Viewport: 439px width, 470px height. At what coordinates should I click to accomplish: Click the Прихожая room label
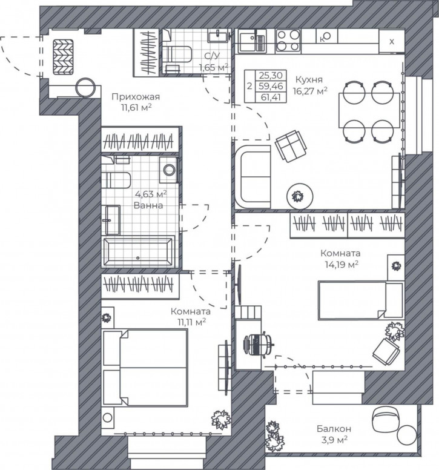coord(136,96)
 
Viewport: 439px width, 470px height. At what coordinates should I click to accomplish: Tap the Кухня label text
coord(309,79)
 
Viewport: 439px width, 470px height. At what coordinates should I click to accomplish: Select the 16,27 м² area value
coord(310,90)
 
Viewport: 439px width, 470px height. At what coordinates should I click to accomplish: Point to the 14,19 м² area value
coord(342,264)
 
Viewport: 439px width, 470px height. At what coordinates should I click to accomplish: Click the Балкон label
coord(334,429)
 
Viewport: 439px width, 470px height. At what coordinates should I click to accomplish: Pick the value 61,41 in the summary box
coord(271,97)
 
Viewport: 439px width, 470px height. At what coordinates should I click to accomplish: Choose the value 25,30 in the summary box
coord(271,75)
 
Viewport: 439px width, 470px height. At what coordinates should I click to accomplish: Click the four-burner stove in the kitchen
coord(288,40)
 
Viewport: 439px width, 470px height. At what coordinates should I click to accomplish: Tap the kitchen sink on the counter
coord(252,41)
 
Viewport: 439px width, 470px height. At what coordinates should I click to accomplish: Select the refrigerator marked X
coord(392,41)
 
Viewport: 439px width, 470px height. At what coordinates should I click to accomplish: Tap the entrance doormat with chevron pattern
coord(63,57)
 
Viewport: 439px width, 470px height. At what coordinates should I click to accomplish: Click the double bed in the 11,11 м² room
coord(145,368)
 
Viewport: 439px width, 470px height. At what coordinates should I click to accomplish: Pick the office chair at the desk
coord(259,345)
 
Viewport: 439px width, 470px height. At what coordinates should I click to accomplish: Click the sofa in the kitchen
coord(253,177)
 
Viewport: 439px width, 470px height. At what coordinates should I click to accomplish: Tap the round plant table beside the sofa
coord(300,197)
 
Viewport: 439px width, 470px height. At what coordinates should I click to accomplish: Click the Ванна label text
coord(148,206)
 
